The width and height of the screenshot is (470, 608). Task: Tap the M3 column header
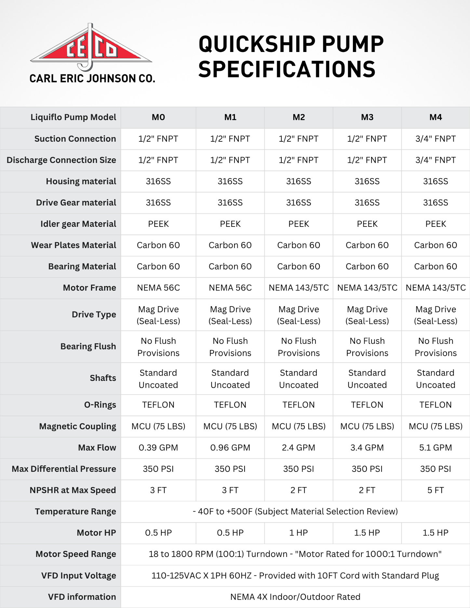point(367,117)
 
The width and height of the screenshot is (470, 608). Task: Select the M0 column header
point(158,117)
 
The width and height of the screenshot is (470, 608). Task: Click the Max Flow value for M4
point(436,447)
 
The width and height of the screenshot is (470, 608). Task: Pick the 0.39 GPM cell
point(158,447)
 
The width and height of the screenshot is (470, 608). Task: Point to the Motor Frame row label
point(89,288)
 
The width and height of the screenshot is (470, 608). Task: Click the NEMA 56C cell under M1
point(230,288)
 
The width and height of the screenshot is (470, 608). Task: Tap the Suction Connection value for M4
point(436,139)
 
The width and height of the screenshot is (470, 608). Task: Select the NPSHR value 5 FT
point(436,490)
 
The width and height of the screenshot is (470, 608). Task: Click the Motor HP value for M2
point(299,533)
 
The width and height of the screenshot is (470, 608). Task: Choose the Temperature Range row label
point(75,511)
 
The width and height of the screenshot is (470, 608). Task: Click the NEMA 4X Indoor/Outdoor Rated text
point(295,597)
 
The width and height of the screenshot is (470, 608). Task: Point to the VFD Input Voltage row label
point(79,576)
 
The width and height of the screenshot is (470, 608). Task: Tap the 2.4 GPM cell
point(299,447)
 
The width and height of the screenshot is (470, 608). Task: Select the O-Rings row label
point(100,405)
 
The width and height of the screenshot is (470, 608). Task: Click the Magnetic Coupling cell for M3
point(367,426)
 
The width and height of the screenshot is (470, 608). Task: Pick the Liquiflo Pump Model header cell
point(73,117)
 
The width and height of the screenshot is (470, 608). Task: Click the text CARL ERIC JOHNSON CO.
point(92,79)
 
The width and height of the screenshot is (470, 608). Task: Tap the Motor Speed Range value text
point(295,554)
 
